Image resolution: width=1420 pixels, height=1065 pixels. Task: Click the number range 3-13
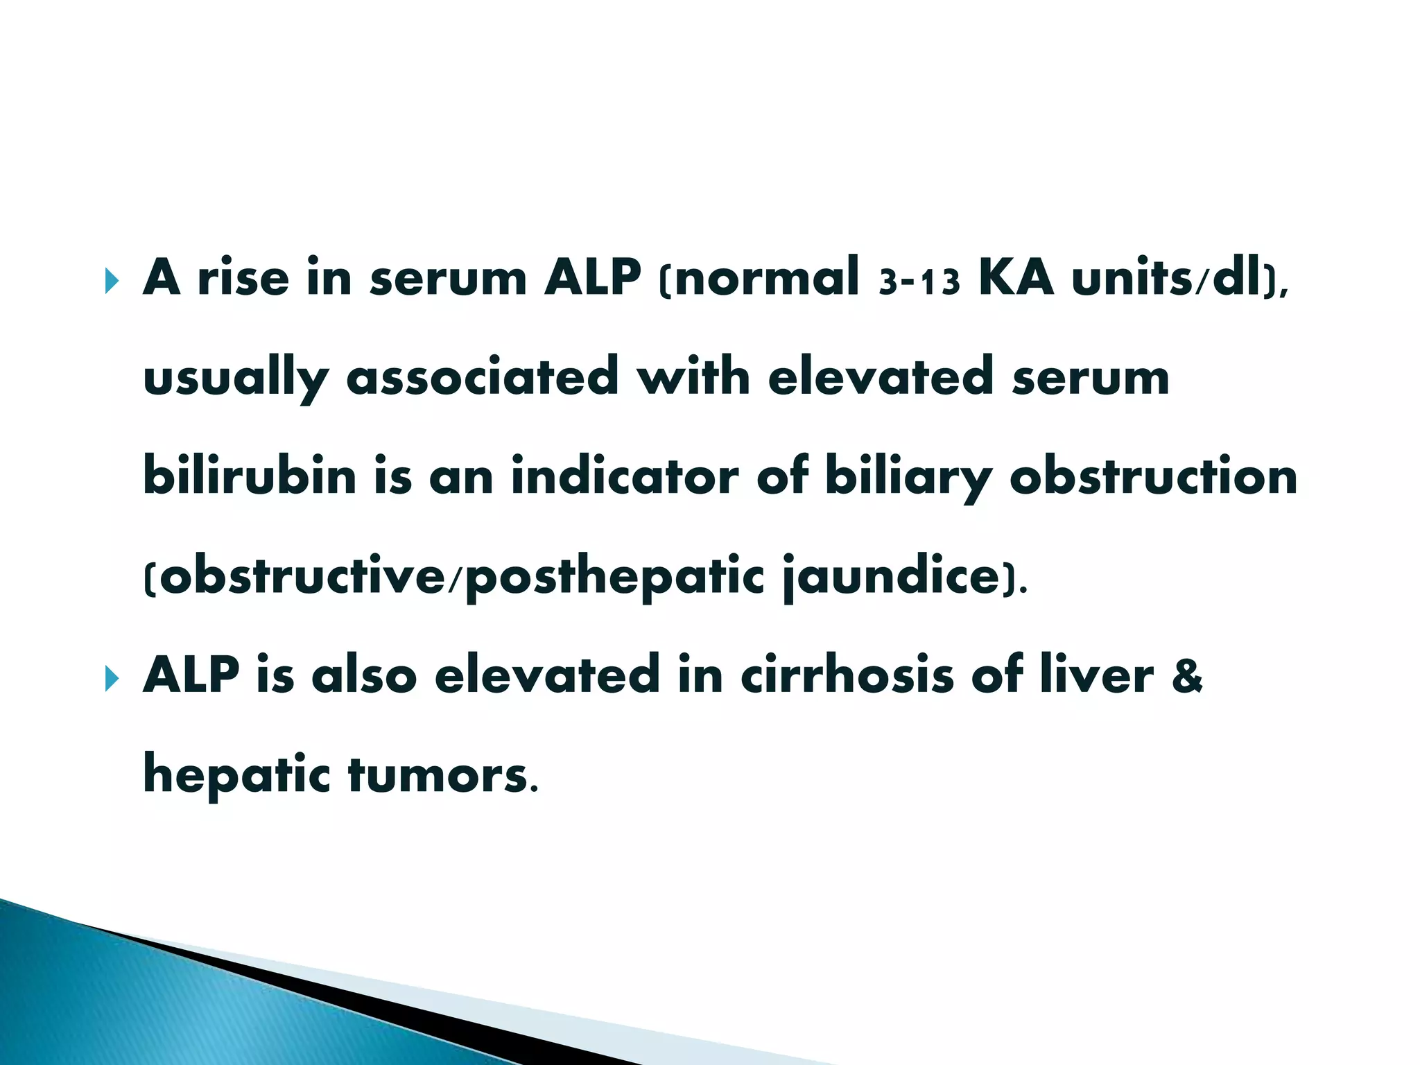pos(919,282)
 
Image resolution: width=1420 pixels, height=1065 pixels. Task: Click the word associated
pos(482,377)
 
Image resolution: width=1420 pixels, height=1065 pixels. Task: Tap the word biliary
pos(908,478)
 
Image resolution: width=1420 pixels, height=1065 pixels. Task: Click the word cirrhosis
pos(847,675)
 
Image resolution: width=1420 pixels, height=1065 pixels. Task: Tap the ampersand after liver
pos(1187,677)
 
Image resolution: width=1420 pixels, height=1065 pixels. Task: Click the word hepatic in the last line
pos(236,777)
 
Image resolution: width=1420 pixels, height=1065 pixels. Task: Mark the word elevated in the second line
pos(881,377)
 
